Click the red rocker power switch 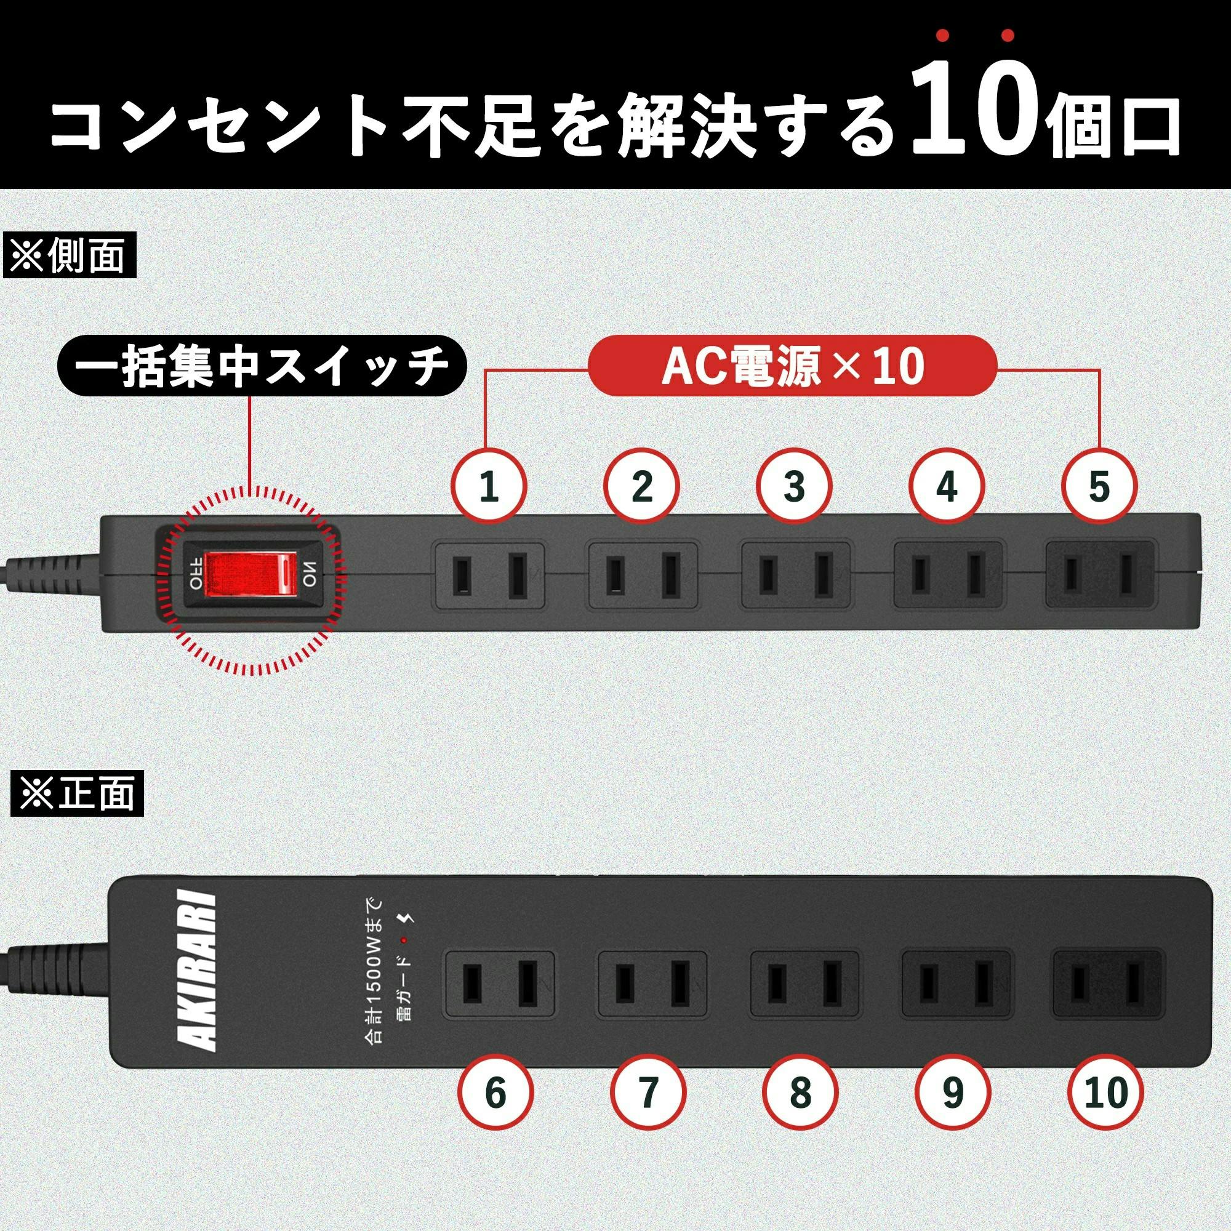[x=251, y=575]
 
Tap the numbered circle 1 [x=489, y=487]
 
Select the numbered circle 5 [x=1099, y=487]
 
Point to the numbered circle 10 [x=1105, y=1093]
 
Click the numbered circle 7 [x=649, y=1093]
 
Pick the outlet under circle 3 [x=796, y=575]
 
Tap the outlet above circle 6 [x=499, y=982]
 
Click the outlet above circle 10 [x=1109, y=982]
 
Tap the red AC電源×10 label [x=792, y=366]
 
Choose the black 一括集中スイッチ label [x=262, y=366]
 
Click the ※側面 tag [x=70, y=256]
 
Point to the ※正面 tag [x=77, y=794]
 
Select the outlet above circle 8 [x=804, y=982]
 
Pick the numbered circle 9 [x=953, y=1093]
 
